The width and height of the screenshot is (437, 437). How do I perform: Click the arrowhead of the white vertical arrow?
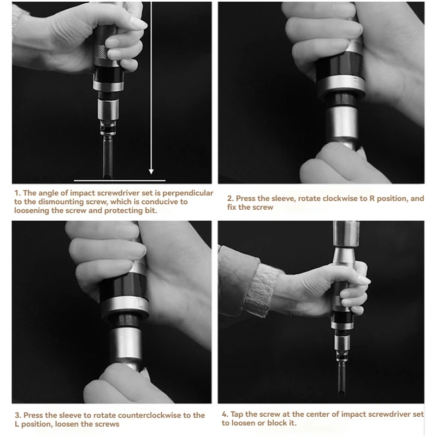pos(151,171)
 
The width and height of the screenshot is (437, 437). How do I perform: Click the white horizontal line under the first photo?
pos(120,181)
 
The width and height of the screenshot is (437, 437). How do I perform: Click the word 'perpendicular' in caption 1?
pos(188,193)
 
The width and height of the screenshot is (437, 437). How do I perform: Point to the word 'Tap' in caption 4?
pos(237,415)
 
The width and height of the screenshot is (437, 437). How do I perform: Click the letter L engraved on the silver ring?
pos(140,303)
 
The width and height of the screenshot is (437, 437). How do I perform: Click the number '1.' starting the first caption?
pos(17,193)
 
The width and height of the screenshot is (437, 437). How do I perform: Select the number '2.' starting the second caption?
pos(231,198)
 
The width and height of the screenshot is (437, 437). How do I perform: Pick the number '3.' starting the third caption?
pos(18,415)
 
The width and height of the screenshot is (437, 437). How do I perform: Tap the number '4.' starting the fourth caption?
pos(225,414)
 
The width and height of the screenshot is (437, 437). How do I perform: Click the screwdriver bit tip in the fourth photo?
pos(342,392)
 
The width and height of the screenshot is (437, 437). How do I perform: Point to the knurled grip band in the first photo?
pos(102,52)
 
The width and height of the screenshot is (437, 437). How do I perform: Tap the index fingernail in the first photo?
pos(139,23)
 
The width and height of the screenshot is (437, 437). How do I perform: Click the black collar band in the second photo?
pos(339,66)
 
